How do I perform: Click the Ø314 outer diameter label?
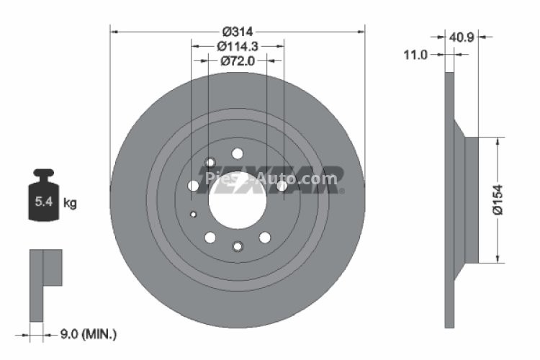click(x=237, y=32)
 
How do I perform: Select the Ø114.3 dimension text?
click(x=237, y=46)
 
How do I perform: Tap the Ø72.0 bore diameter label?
click(x=237, y=61)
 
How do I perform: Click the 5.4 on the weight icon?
click(x=42, y=202)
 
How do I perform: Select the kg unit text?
click(x=70, y=203)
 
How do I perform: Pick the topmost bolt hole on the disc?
click(x=236, y=153)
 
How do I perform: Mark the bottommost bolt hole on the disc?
click(x=237, y=247)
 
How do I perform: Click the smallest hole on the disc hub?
click(x=193, y=214)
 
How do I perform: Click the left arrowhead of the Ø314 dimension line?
click(x=113, y=31)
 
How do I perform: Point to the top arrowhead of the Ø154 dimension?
click(x=497, y=141)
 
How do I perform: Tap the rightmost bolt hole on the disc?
click(x=282, y=186)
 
